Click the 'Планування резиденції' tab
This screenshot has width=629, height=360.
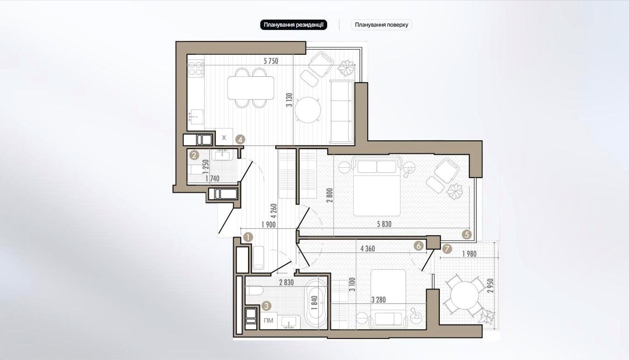point(293,25)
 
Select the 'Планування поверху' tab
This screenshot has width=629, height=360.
point(381,25)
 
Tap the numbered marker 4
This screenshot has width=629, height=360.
point(240,139)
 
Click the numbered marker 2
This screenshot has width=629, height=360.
point(194,155)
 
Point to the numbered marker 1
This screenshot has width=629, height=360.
point(248,237)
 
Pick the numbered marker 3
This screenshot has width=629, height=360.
point(266,306)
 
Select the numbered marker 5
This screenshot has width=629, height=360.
point(467,234)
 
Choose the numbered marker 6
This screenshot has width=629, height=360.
point(418,246)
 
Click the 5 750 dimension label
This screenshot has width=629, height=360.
point(271,61)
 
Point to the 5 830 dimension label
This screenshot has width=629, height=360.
point(384,224)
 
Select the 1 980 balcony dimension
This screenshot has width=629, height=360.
point(469,254)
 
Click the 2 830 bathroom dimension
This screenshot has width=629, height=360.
point(286,282)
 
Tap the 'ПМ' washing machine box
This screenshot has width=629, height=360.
point(269,320)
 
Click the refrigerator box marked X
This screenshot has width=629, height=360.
point(224,137)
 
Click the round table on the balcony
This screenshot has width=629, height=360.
point(465,295)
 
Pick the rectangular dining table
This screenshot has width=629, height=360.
point(250,88)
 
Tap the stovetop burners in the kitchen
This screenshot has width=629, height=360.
point(196,68)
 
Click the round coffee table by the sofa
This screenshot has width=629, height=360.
point(308,110)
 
